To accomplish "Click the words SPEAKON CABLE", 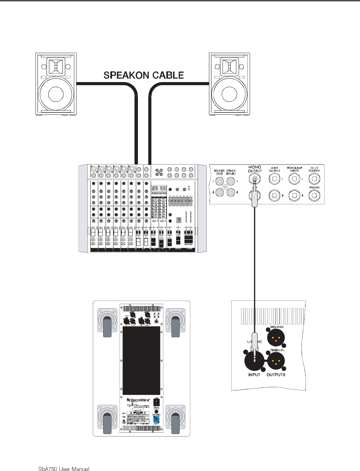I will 143,75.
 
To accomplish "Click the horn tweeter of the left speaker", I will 56,66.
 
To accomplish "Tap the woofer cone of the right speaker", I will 229,94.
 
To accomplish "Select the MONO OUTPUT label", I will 255,169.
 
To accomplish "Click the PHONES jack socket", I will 314,196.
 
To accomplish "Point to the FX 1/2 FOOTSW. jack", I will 314,179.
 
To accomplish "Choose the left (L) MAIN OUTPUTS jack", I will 274,179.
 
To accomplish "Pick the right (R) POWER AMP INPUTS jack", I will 294,196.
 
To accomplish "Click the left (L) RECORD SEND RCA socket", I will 219,181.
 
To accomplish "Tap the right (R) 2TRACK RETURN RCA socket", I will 231,192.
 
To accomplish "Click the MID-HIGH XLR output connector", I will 276,337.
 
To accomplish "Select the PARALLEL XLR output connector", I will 276,361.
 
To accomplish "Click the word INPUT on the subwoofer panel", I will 254,375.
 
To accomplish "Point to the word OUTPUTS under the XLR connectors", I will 276,375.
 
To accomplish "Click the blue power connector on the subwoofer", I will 156,420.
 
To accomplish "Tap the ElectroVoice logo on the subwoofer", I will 138,400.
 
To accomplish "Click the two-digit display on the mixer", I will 159,188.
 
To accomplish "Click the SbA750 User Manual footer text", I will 64,469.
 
